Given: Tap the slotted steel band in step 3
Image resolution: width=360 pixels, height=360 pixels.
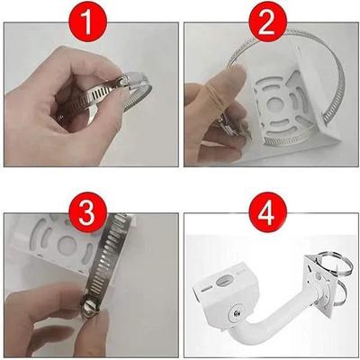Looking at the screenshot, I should click(x=112, y=261).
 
